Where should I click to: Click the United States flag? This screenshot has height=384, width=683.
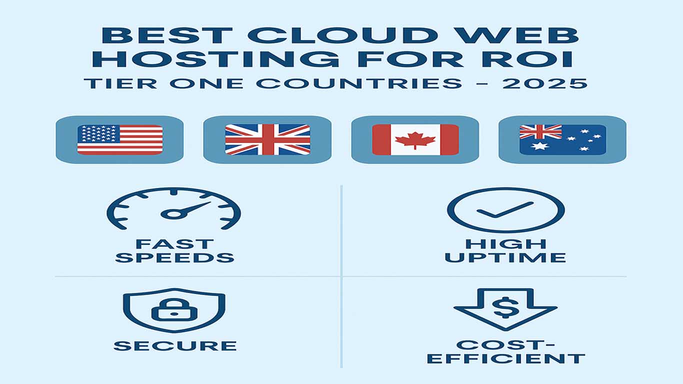(x=120, y=139)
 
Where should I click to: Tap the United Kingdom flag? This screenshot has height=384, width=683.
(x=267, y=139)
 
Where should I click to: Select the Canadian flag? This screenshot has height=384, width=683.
(x=415, y=139)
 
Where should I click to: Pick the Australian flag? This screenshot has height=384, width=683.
(x=562, y=139)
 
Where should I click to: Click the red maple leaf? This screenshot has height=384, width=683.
(x=415, y=140)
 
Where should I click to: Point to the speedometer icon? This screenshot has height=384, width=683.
(x=174, y=208)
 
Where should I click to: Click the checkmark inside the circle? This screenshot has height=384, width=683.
(x=505, y=209)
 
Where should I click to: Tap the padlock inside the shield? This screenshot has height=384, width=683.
(x=174, y=309)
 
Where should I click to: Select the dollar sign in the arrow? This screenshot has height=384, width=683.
(x=506, y=307)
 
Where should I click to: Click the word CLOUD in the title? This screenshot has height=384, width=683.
(x=343, y=35)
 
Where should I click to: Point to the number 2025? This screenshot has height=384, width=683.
(x=544, y=83)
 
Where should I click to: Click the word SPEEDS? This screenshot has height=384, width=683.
(x=174, y=257)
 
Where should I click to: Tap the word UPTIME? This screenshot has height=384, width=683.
(x=505, y=257)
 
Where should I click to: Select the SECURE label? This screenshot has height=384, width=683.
(x=175, y=346)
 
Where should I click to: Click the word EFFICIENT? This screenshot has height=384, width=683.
(x=506, y=358)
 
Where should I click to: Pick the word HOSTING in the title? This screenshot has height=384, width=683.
(x=215, y=59)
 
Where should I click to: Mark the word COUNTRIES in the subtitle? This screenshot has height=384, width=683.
(x=359, y=83)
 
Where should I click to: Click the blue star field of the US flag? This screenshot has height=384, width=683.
(x=98, y=133)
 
